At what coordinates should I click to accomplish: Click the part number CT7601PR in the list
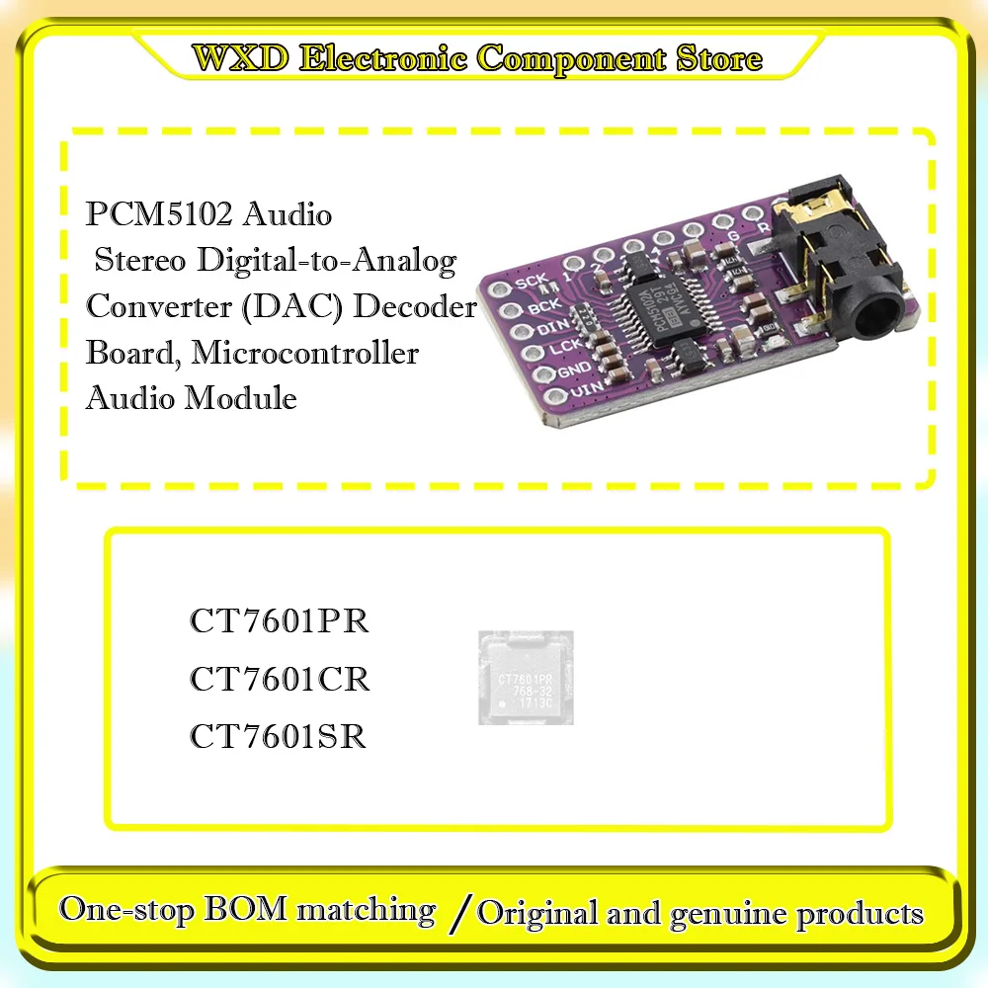click(280, 622)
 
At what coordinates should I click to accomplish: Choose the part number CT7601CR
click(280, 680)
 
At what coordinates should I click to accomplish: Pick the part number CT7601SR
click(279, 737)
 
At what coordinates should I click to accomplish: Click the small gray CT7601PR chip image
click(526, 678)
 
